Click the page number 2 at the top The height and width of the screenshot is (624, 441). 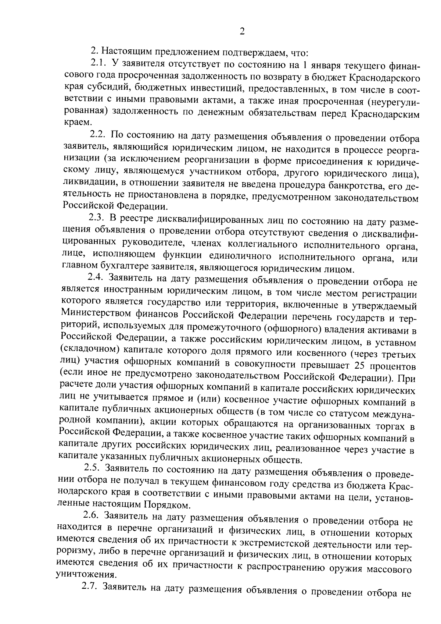pos(242,31)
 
